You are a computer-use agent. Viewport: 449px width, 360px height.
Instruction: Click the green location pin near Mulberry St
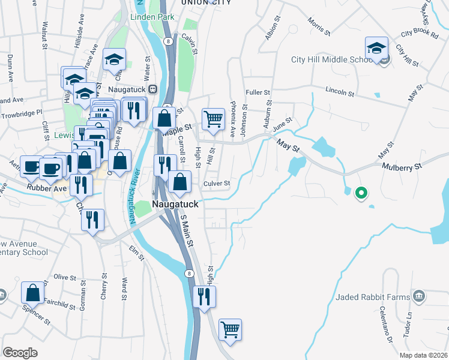361,193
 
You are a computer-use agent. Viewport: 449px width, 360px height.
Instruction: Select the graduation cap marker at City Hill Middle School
376,47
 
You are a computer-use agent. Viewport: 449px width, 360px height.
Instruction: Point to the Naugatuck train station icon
152,89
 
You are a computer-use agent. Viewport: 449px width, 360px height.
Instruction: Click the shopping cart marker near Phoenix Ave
213,119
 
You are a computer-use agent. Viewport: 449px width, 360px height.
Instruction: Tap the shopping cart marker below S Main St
230,329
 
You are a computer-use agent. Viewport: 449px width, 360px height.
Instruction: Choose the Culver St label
217,183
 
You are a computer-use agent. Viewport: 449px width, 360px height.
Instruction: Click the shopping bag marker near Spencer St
33,293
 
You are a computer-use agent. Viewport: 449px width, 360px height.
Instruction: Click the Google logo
20,353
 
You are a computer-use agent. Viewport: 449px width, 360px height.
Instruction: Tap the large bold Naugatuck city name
175,204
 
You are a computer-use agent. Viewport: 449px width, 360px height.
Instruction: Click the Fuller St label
259,92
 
